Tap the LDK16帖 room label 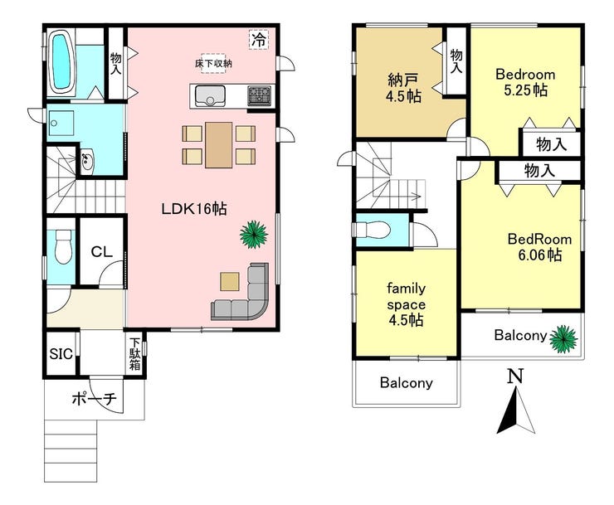coord(194,209)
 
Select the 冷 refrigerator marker coord(259,40)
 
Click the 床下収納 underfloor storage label coord(213,63)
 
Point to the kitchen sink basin coord(210,96)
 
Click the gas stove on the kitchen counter coord(259,95)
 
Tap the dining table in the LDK coord(218,145)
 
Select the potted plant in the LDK coord(254,234)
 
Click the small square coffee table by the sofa coord(230,281)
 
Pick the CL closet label coord(101,252)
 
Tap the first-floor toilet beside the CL coord(63,246)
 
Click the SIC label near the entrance coord(61,354)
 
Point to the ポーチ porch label coord(95,400)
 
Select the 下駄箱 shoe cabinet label coord(135,354)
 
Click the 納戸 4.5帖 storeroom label coord(403,88)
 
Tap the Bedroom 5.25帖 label coord(525,82)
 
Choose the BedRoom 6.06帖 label coord(539,247)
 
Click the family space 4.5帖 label coord(406,304)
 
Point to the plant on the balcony coord(563,338)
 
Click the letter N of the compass coord(515,376)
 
